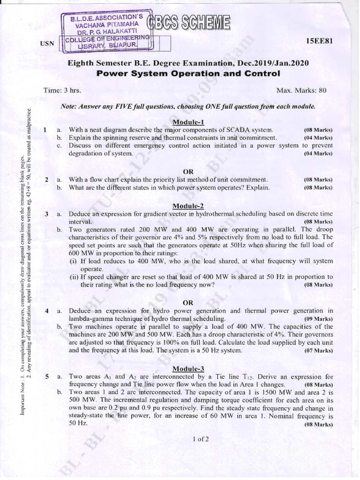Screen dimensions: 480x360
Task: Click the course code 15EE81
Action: (319, 41)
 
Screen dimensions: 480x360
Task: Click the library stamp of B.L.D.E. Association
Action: (107, 30)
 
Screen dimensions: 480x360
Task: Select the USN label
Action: (48, 44)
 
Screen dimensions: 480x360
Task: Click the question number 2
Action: (47, 180)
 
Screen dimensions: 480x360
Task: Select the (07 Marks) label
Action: (318, 350)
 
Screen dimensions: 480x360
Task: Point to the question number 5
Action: (47, 376)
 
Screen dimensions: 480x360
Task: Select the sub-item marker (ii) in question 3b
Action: (74, 277)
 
